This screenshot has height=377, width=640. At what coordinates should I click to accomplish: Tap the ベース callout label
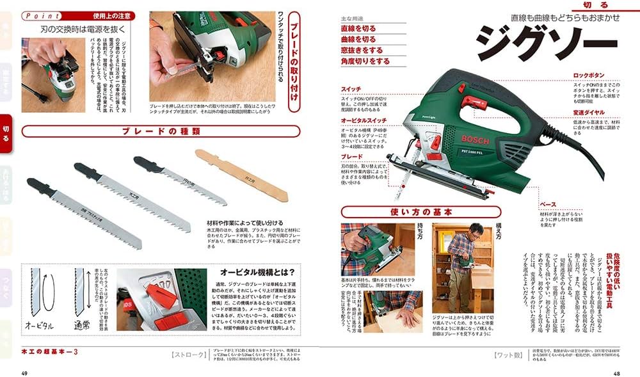[547, 204]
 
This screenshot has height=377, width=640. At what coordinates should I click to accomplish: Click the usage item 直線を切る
[358, 29]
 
